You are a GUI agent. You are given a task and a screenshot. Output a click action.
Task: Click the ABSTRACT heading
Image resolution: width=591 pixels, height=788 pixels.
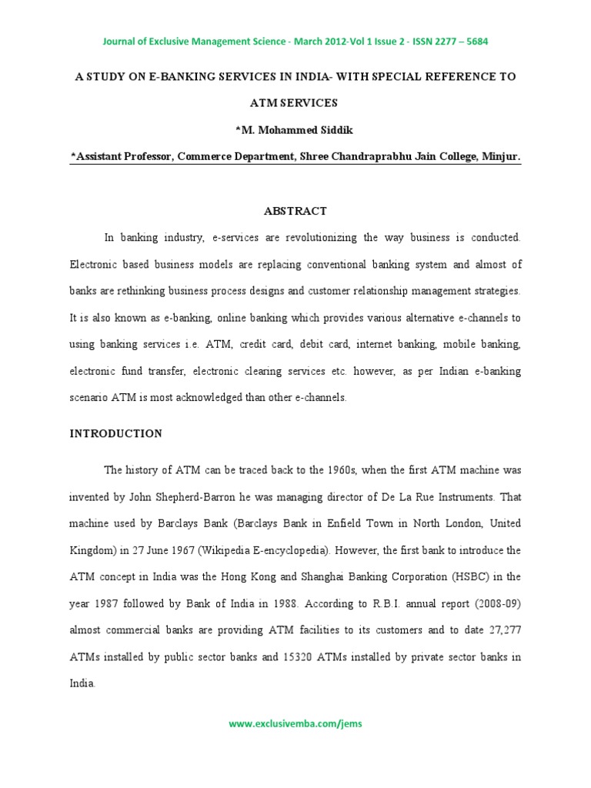coord(295,211)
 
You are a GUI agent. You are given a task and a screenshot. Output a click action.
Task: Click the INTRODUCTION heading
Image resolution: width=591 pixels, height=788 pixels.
coord(116,434)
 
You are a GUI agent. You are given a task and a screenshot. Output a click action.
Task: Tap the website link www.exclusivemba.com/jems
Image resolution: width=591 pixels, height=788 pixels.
coord(295,724)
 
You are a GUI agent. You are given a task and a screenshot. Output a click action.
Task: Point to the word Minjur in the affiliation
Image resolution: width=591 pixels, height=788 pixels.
coord(502,157)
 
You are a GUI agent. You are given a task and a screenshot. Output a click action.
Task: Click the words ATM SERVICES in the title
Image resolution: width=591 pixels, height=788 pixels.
coord(295,103)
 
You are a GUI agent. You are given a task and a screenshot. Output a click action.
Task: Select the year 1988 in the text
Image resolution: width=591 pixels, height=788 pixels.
coord(262,603)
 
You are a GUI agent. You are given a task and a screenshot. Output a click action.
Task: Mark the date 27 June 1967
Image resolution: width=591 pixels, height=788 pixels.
coord(143,550)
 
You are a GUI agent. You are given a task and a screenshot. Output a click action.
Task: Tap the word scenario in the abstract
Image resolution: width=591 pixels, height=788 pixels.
coord(91,398)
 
